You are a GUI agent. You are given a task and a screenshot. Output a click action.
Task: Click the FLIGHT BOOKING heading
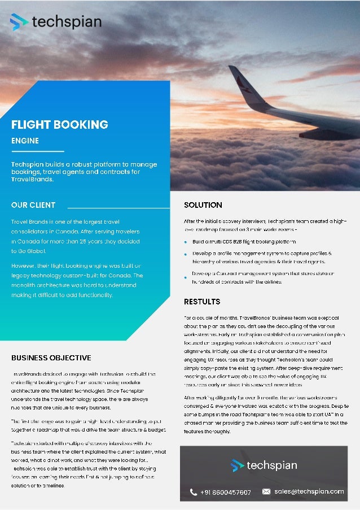click(60, 125)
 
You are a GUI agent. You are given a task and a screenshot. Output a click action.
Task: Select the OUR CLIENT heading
click(33, 205)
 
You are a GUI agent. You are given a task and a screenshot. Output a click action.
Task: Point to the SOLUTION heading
click(203, 205)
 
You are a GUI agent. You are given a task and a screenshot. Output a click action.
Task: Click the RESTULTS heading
click(202, 302)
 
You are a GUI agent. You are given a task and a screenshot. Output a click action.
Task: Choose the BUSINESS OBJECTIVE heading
click(51, 358)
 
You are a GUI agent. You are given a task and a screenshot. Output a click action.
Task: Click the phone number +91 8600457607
click(226, 492)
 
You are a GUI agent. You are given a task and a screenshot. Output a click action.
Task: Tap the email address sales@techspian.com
click(309, 492)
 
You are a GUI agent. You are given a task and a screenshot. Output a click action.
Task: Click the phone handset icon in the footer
click(194, 492)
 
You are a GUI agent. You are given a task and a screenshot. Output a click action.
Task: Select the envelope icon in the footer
click(266, 492)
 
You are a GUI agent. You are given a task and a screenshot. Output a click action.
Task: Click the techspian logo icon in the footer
click(238, 466)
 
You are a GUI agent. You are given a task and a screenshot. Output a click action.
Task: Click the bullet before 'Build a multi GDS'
click(186, 242)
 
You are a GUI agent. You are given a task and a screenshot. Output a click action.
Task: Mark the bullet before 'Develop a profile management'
click(186, 254)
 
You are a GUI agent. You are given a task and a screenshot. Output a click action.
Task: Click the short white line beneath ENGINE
click(38, 151)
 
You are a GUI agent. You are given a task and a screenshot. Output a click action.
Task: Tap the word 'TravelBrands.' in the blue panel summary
click(32, 180)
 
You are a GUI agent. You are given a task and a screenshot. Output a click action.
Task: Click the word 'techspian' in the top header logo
click(67, 22)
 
